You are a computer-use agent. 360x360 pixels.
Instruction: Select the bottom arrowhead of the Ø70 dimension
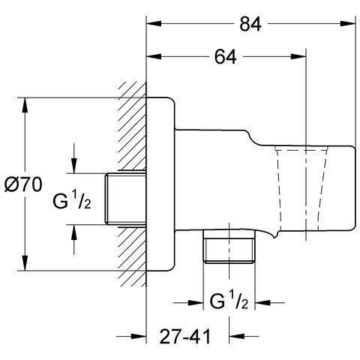click(x=27, y=266)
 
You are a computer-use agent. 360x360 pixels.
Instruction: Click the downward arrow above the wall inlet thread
click(x=75, y=166)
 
